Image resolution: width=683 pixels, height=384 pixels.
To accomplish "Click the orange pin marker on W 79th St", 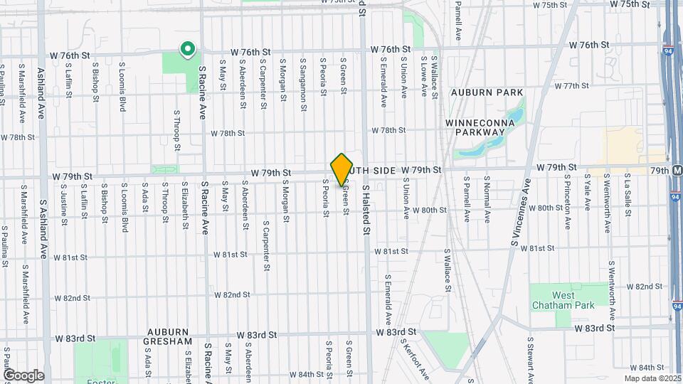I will pyautogui.click(x=341, y=169).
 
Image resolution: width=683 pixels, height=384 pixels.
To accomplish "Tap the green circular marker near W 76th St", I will pyautogui.click(x=188, y=49).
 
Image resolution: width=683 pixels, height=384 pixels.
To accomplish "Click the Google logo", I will pyautogui.click(x=23, y=375).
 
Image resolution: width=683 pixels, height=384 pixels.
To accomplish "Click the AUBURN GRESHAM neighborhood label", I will pyautogui.click(x=169, y=336).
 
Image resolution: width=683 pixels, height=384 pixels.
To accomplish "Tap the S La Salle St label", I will pyautogui.click(x=629, y=193).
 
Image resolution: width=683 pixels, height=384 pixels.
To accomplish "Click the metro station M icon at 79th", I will pyautogui.click(x=677, y=171).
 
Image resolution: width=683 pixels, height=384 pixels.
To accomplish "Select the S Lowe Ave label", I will pyautogui.click(x=423, y=77).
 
